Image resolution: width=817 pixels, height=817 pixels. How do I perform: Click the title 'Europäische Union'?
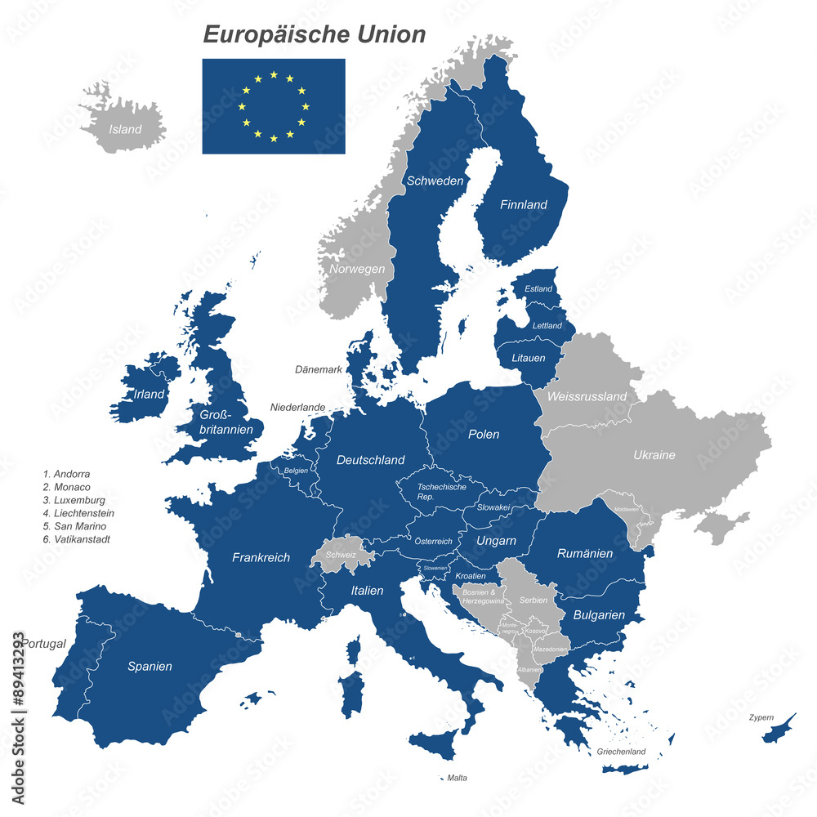(x=315, y=34)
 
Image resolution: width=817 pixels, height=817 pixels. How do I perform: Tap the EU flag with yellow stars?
(x=274, y=106)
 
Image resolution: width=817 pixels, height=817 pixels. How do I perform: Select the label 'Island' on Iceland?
(x=126, y=129)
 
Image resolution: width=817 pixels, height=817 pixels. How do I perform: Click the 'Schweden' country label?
(x=435, y=181)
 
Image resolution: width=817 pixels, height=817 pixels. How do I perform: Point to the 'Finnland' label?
(x=523, y=205)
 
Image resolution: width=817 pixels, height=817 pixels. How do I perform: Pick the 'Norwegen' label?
(x=357, y=269)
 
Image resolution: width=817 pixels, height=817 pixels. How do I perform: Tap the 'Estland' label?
(x=538, y=289)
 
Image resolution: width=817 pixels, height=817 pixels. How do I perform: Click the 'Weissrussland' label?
(x=587, y=397)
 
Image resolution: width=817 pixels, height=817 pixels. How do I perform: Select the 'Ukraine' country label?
(x=654, y=455)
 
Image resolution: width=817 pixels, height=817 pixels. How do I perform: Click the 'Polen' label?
(x=484, y=435)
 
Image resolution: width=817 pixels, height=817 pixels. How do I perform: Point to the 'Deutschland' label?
(x=371, y=460)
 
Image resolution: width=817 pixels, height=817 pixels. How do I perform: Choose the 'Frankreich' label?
(x=261, y=558)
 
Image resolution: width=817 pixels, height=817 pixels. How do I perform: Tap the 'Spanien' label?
(x=150, y=667)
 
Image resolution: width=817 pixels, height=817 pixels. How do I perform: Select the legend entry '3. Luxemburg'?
(x=74, y=500)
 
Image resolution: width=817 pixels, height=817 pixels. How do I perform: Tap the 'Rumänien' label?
(x=585, y=554)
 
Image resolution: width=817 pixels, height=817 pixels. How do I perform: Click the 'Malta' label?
(x=458, y=778)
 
